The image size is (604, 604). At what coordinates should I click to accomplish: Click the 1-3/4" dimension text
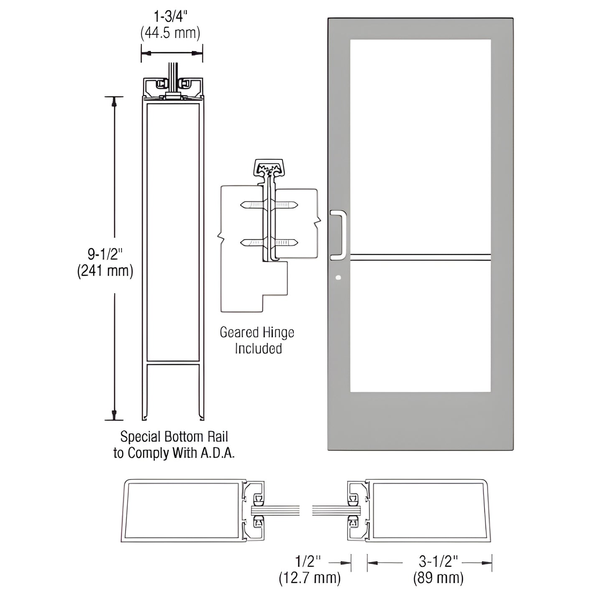pos(171,17)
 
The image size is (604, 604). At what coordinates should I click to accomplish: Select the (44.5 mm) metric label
pos(171,33)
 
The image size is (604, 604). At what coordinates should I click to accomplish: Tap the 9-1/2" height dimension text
pos(105,254)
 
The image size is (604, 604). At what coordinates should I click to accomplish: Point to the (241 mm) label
pos(105,271)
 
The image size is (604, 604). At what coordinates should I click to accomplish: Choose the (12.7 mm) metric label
pos(310,578)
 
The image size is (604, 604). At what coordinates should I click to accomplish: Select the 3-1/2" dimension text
pos(438,561)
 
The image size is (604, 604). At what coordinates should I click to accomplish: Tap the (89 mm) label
pos(438,578)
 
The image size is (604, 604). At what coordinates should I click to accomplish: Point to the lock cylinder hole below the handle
pos(338,277)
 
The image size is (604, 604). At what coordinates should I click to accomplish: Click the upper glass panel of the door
pos(420,146)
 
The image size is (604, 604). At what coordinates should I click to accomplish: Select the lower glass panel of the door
pos(420,326)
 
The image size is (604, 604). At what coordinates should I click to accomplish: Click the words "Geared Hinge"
pos(257,332)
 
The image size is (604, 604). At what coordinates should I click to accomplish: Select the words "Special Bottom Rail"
pos(174,437)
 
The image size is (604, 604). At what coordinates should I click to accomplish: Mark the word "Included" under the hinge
pos(258,349)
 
